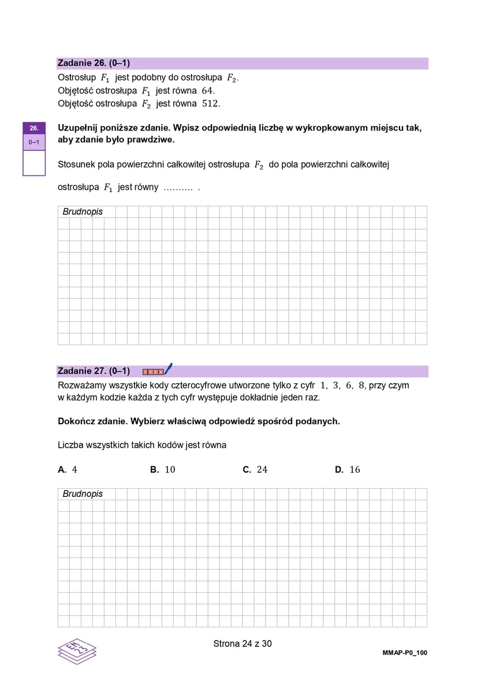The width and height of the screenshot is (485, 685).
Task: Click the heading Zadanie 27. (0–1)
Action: (94, 371)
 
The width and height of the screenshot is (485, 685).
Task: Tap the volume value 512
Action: (211, 104)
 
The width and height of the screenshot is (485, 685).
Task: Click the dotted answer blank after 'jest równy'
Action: (178, 188)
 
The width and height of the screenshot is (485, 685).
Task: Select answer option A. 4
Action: (68, 470)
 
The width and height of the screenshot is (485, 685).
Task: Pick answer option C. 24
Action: (255, 470)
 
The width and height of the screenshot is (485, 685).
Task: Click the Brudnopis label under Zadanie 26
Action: (83, 212)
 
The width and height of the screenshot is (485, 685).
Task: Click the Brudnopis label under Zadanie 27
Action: (83, 494)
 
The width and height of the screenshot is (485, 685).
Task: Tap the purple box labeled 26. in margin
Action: (34, 128)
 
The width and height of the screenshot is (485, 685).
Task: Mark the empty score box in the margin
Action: (34, 162)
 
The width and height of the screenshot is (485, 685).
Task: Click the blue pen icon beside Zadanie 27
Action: (168, 369)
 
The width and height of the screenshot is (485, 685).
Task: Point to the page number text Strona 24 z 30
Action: (242, 643)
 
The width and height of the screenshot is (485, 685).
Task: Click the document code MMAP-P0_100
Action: (405, 653)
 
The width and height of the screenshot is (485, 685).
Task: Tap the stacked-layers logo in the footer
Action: (77, 650)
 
